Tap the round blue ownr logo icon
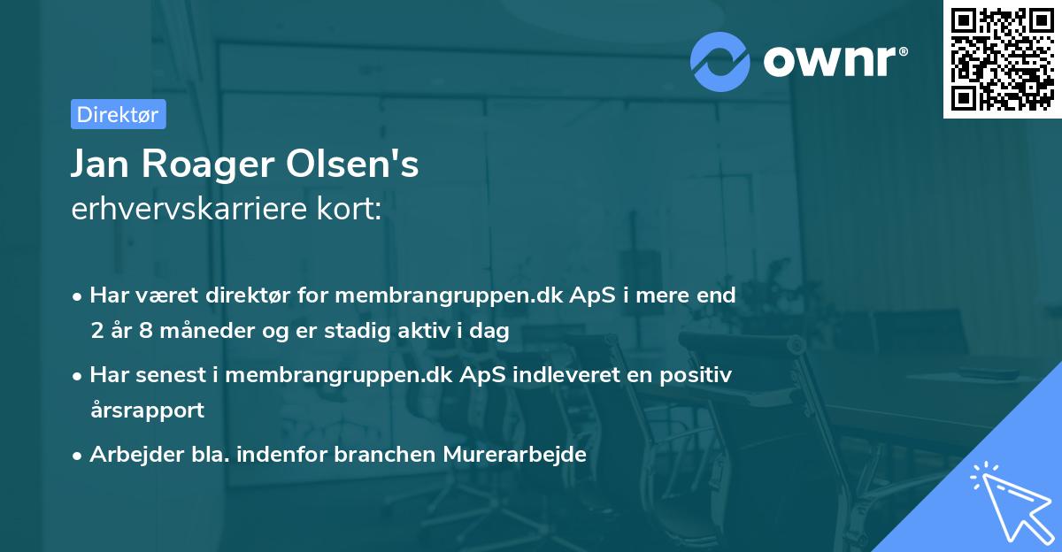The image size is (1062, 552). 720,61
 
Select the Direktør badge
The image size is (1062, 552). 118,114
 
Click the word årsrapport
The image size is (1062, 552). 147,410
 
